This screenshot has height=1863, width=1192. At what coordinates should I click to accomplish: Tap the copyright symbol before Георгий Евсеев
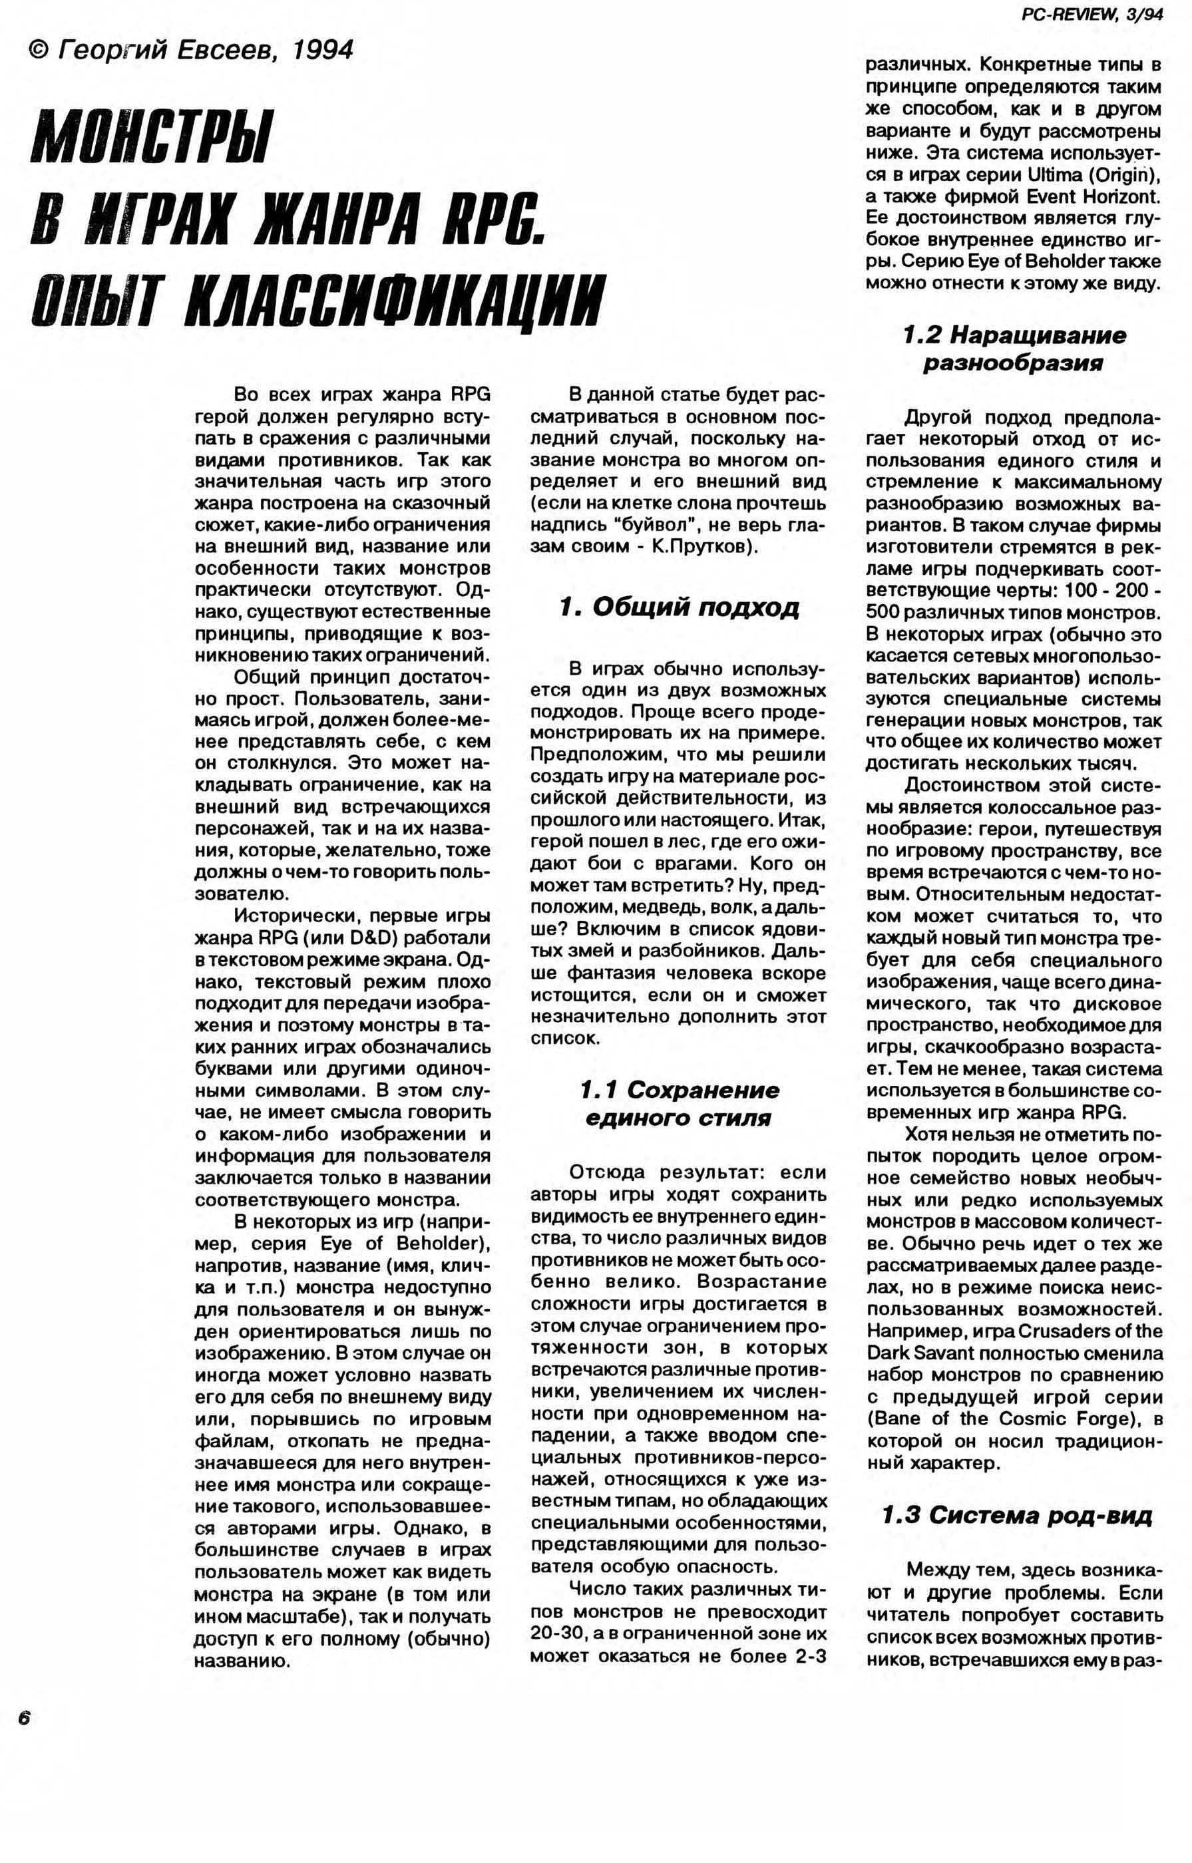[x=38, y=51]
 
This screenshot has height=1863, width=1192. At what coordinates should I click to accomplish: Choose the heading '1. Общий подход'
[x=679, y=607]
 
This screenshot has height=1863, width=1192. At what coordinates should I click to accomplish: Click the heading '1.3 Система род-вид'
[x=1016, y=1514]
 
